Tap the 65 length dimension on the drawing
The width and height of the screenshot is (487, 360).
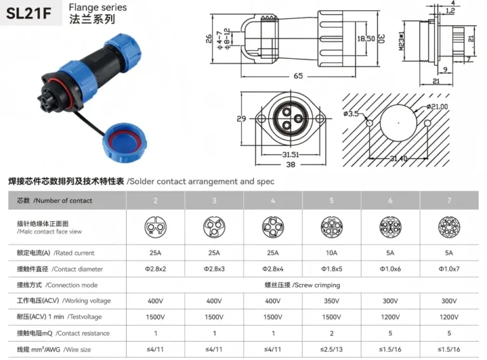[298, 75]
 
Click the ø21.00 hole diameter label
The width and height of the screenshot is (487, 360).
[438, 106]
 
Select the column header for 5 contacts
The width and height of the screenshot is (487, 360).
[332, 200]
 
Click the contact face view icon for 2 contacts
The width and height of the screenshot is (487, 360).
[156, 226]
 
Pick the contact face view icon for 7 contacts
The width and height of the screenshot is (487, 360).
[449, 226]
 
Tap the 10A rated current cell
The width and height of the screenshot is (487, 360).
[332, 253]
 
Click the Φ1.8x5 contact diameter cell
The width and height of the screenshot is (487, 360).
[332, 269]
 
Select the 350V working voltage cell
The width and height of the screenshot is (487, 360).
[332, 300]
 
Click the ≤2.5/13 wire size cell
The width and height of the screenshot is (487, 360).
[332, 349]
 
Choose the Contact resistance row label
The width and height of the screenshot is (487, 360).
[63, 333]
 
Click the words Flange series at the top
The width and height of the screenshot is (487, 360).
[98, 8]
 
